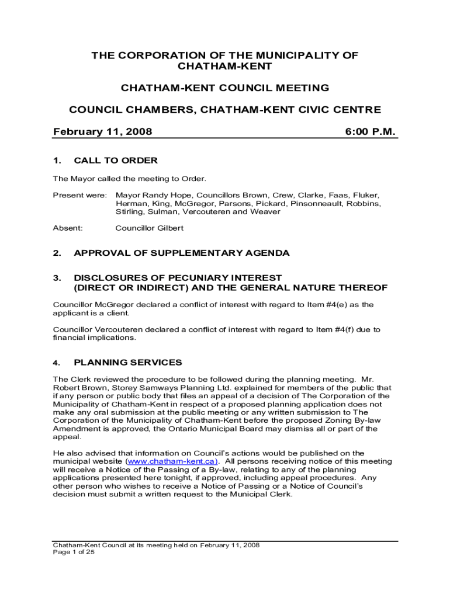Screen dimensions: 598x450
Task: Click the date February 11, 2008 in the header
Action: [x=102, y=132]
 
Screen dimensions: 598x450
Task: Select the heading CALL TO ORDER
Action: [x=116, y=161]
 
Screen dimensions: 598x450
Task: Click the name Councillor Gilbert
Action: [x=150, y=228]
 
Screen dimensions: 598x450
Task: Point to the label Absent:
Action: [x=68, y=228]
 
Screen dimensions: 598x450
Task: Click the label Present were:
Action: [x=80, y=195]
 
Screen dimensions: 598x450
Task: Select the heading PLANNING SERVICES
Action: [x=128, y=363]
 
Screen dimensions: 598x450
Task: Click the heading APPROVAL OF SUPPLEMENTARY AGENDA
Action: [x=181, y=253]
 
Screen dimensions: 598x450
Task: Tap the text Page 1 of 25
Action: [x=74, y=551]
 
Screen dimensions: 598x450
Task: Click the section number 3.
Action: [x=57, y=277]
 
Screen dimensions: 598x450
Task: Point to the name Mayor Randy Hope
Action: [x=153, y=195]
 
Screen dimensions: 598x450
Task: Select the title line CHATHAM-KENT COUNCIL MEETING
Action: [x=225, y=88]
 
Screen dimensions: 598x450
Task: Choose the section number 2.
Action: [x=57, y=253]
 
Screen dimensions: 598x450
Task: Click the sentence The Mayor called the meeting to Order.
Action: [x=130, y=179]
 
